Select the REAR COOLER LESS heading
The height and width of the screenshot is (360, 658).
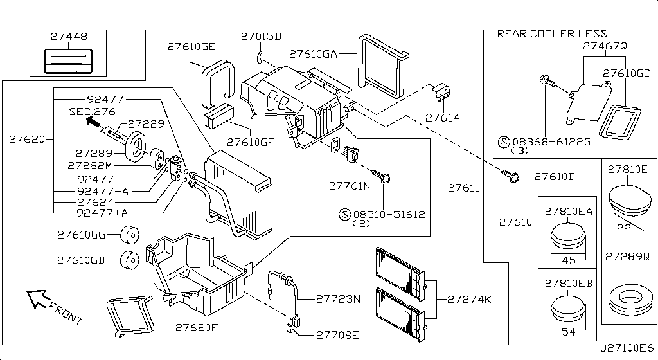[552, 33]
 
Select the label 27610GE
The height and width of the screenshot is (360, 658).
[191, 46]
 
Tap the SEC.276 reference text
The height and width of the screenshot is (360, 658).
[91, 111]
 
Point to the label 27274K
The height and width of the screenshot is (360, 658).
[469, 299]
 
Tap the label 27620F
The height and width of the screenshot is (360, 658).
[197, 327]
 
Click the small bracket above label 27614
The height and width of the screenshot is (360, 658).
[441, 93]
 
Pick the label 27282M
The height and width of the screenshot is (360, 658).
[95, 165]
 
